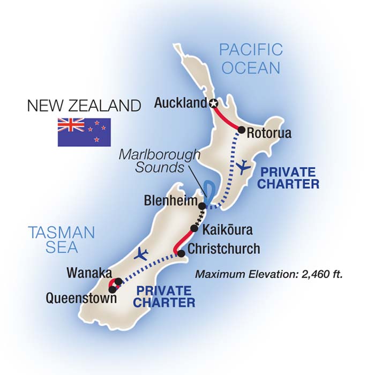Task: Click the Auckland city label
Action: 179,103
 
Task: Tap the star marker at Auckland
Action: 214,104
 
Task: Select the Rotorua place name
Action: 269,133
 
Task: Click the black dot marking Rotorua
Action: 242,130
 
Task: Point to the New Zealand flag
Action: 84,132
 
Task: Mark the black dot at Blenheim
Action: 202,206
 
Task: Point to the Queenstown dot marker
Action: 111,290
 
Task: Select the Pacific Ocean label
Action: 250,59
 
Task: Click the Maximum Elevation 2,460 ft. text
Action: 268,274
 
